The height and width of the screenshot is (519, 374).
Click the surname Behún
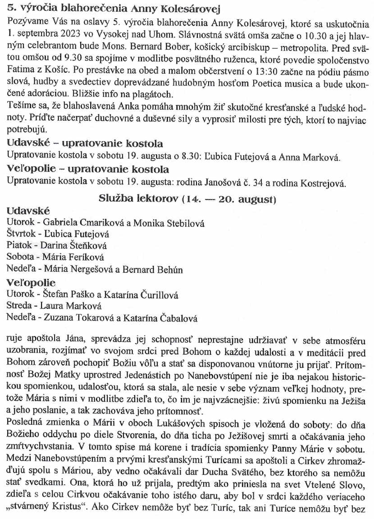(x=167, y=270)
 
